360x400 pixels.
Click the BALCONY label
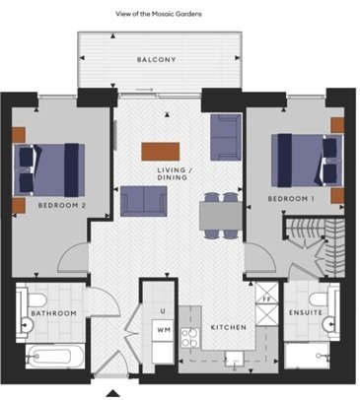point(156,60)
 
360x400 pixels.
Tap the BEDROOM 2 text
point(62,206)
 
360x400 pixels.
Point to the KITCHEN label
point(229,327)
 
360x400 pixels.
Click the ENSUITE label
point(306,312)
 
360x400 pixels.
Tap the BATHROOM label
point(53,313)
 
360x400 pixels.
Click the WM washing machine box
point(163,330)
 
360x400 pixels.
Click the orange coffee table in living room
point(161,152)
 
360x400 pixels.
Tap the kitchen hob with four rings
point(190,338)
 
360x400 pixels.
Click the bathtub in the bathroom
point(54,357)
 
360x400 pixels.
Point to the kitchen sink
point(234,359)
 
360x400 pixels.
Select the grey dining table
point(221,216)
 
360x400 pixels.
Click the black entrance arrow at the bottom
point(113,393)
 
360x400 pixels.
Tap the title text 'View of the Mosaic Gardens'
point(159,14)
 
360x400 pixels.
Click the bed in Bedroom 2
point(49,170)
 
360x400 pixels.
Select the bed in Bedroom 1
point(307,161)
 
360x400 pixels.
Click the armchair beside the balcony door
point(226,137)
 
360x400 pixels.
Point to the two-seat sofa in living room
point(144,201)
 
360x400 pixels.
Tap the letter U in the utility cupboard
point(163,311)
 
